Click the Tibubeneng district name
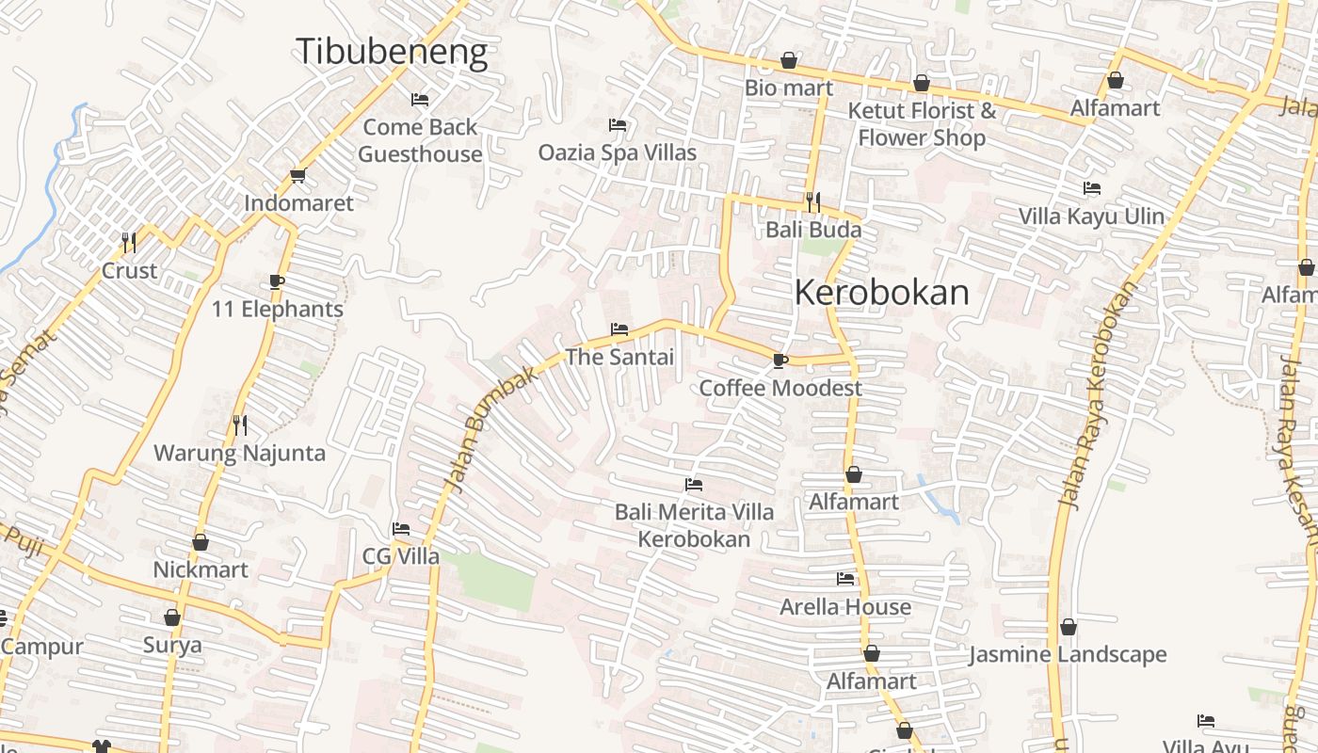coord(392,52)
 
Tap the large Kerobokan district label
coord(881,293)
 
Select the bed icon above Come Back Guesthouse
coord(420,99)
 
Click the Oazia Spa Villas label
coord(617,152)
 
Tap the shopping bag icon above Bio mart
coord(789,61)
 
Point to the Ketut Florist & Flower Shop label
coord(922,124)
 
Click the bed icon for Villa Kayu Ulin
coord(1092,188)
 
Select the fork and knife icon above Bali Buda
coord(813,201)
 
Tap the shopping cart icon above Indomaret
coord(298,175)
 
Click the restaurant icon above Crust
coord(129,243)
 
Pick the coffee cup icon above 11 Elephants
coord(277,281)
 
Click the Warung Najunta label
coord(239,453)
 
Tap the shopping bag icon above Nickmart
coord(201,542)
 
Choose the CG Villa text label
coord(401,556)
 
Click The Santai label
coord(619,357)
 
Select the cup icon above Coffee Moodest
coord(780,360)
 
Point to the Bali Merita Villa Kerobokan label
coord(695,525)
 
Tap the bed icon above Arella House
coord(845,579)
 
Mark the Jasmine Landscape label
coord(1068,654)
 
